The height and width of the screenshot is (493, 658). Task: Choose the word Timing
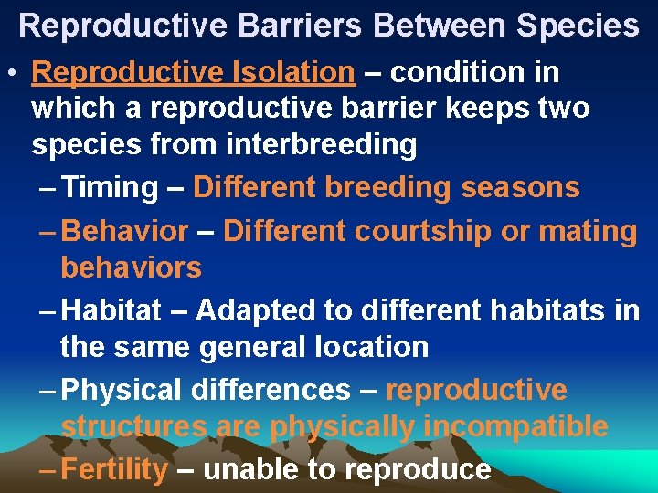coord(112,187)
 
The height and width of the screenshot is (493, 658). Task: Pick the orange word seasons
coord(520,187)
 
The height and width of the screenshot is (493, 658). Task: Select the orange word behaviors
coord(131,267)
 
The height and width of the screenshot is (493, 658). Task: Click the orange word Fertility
coord(117,469)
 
